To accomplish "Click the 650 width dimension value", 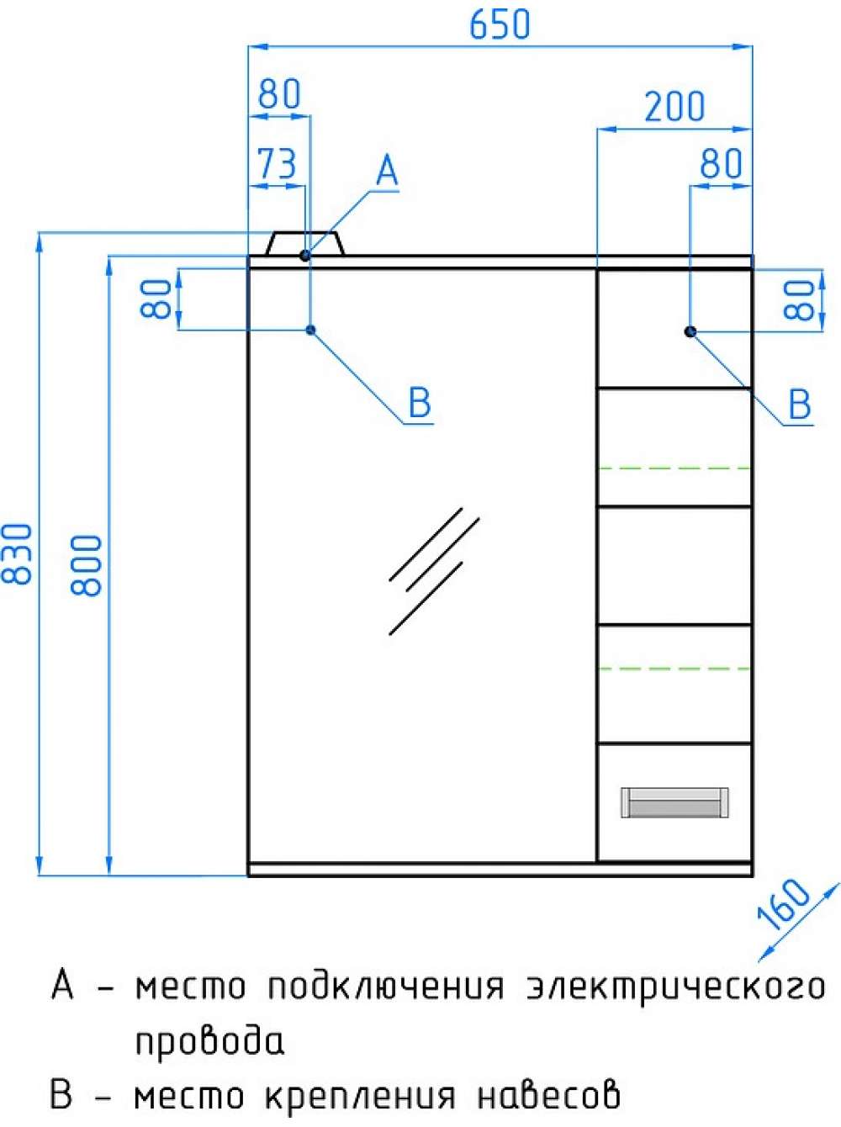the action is (499, 24).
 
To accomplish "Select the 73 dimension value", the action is (277, 163).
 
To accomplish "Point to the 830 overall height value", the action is (17, 554).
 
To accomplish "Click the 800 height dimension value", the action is (86, 565).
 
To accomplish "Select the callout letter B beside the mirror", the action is (420, 403).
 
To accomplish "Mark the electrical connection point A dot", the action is (305, 255).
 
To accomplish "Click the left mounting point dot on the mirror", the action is (310, 330).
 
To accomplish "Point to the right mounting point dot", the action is (690, 331).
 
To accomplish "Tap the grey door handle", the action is (674, 802).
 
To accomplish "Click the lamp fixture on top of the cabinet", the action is (305, 243).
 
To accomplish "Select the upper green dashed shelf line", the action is (674, 468).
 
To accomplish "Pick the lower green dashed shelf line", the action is (674, 669).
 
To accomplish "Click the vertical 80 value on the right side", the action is (799, 300).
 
